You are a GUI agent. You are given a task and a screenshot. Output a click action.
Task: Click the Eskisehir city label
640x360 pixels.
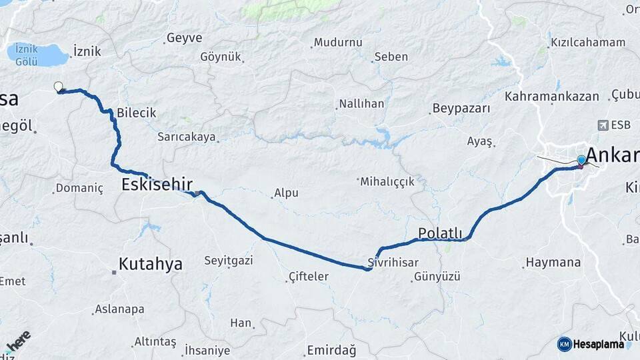point(157,184)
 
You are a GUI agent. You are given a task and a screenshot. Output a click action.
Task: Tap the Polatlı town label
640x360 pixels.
point(440,233)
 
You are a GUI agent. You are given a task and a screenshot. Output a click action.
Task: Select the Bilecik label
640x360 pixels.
point(136,113)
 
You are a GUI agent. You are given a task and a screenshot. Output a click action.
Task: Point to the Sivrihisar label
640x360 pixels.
point(393,262)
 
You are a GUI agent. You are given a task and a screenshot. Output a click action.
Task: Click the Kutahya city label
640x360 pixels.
point(150,264)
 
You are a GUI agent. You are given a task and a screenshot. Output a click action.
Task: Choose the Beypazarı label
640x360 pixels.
point(461,108)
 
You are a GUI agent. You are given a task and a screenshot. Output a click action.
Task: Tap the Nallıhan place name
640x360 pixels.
point(361,104)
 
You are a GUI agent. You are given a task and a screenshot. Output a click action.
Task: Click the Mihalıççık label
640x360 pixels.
point(388,181)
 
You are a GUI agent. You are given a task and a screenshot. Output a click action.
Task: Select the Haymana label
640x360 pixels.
point(553,263)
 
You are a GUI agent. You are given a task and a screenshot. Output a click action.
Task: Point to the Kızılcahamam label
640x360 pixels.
point(588,43)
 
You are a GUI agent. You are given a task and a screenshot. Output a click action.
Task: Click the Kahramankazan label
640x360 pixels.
point(552,97)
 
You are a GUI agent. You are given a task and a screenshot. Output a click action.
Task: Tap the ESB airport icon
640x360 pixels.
point(604,125)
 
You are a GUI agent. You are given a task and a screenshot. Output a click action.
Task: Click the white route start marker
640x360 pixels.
point(58,86)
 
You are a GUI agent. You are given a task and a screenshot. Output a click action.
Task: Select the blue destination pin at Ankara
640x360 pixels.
point(581,160)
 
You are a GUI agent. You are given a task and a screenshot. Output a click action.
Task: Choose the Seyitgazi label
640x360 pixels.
point(229,261)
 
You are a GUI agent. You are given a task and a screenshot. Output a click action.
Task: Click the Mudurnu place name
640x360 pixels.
point(338,43)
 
